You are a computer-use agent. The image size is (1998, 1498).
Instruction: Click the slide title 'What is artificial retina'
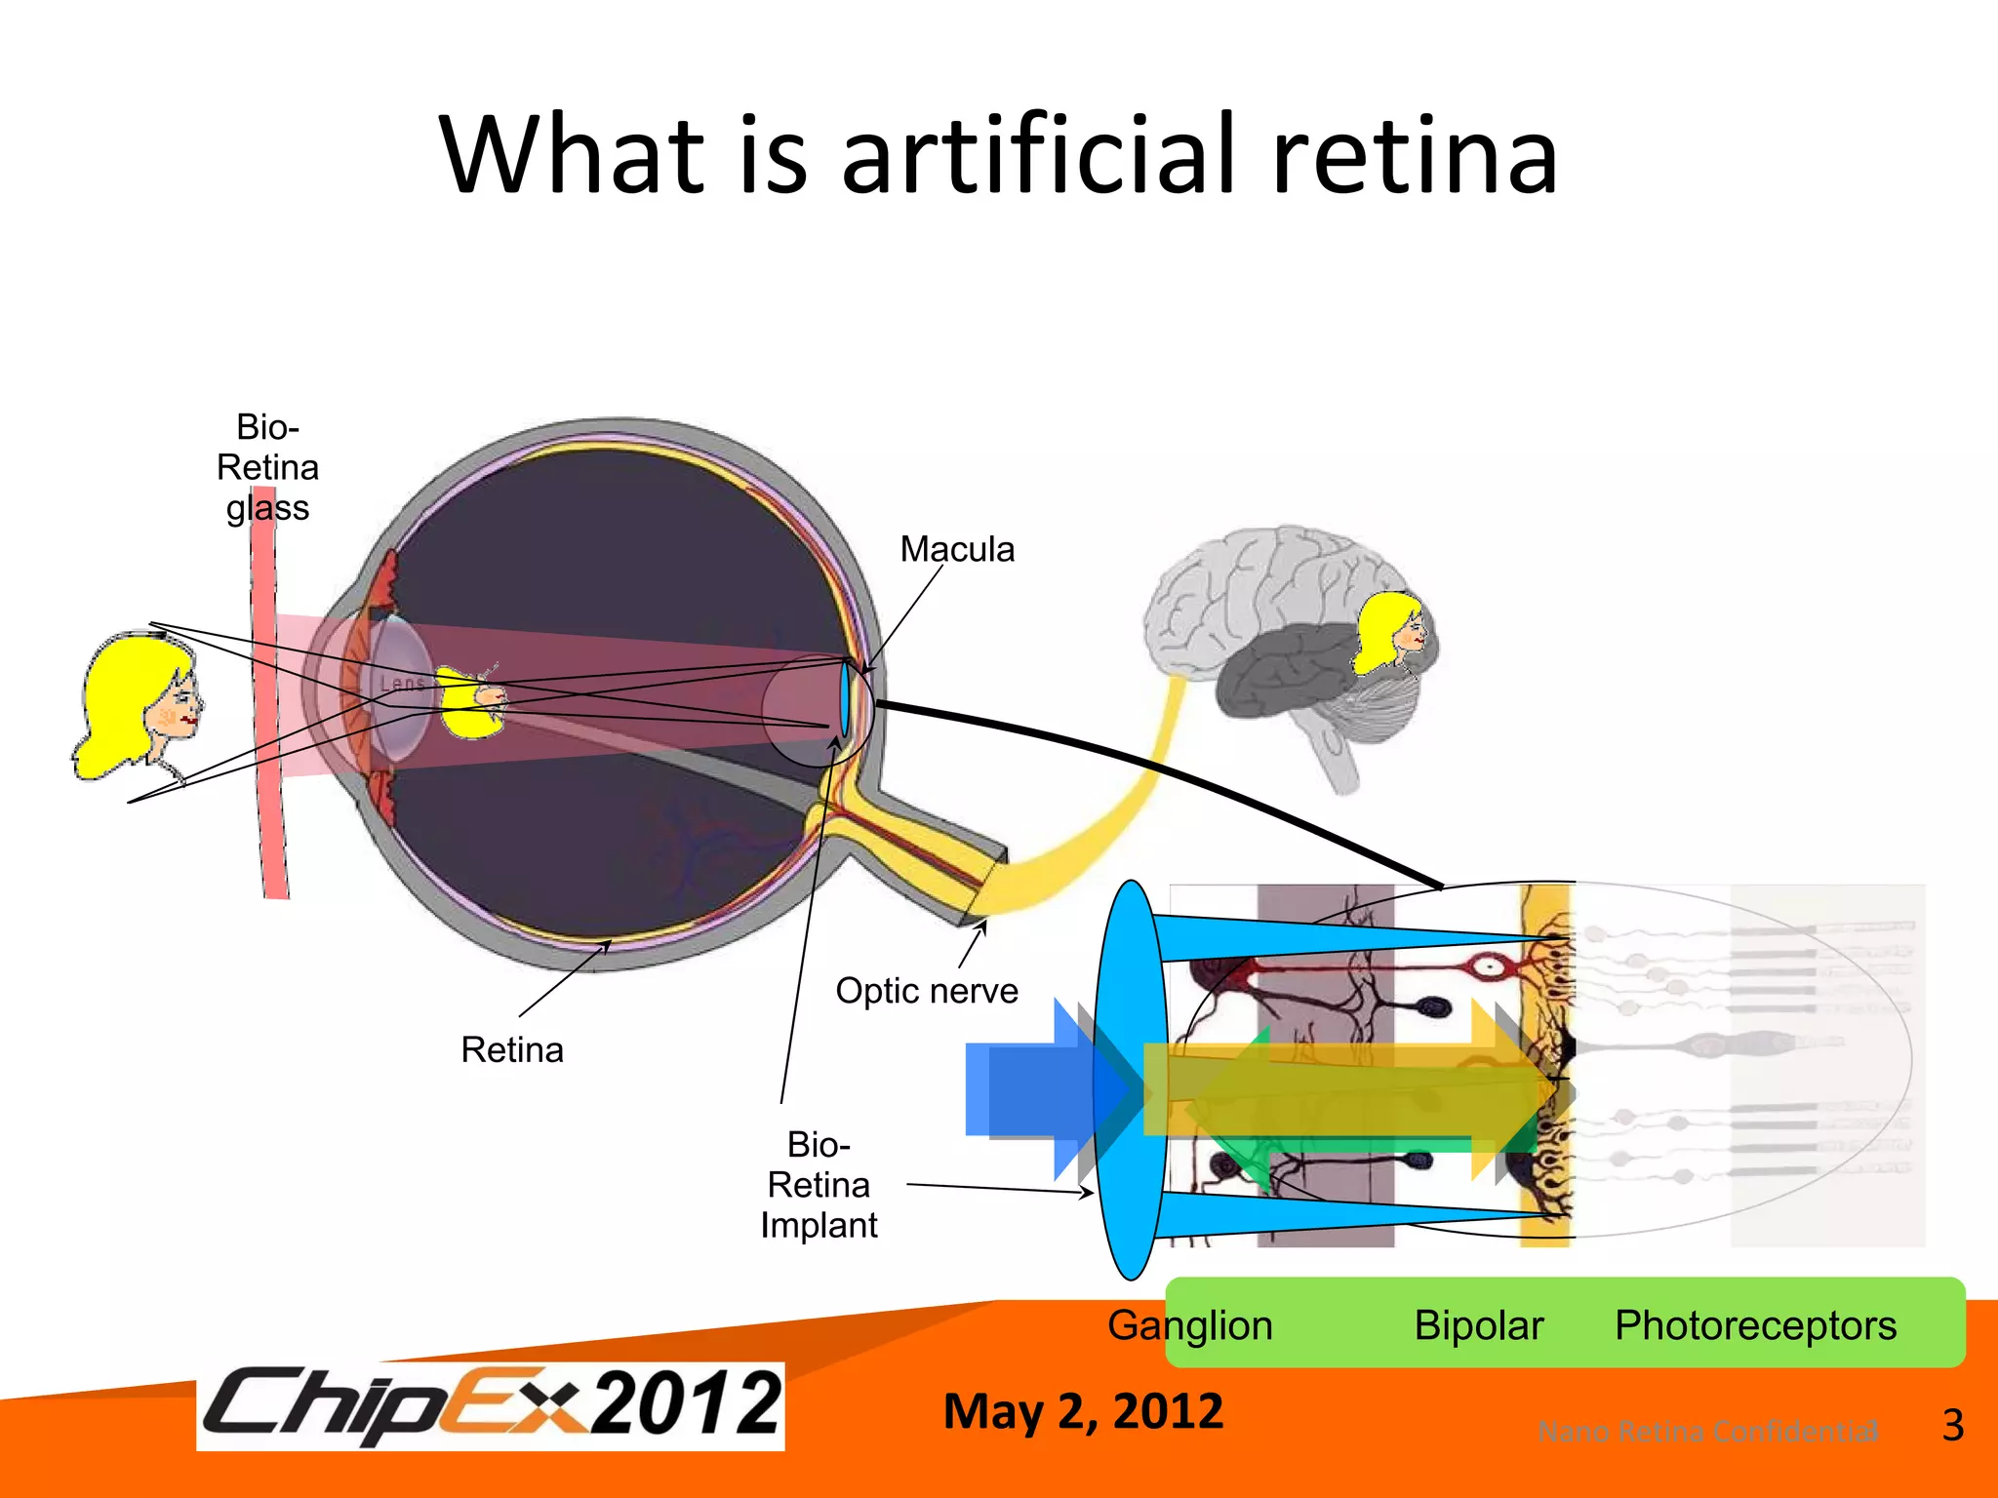[x=997, y=156]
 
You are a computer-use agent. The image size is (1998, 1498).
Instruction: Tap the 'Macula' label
[x=956, y=549]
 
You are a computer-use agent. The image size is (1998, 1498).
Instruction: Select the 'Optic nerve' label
[x=926, y=991]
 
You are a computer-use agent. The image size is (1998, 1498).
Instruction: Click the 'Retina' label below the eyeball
[x=512, y=1050]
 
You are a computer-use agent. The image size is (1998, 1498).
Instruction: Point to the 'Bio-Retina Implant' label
[x=819, y=1184]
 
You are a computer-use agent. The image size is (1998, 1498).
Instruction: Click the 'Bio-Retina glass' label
[x=267, y=467]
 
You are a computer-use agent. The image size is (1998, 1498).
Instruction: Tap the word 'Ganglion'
[x=1189, y=1325]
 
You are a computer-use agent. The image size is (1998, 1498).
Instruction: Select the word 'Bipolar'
[x=1478, y=1325]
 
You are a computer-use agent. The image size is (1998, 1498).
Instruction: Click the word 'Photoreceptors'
[x=1755, y=1325]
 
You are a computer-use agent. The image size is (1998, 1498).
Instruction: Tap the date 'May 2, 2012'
[x=1083, y=1411]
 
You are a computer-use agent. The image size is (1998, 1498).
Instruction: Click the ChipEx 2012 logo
[x=491, y=1405]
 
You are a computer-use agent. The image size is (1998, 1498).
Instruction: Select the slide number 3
[x=1952, y=1426]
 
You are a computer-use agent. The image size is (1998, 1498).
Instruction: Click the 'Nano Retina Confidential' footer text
[x=1707, y=1432]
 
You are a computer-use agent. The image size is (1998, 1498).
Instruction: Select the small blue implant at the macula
[x=844, y=699]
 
